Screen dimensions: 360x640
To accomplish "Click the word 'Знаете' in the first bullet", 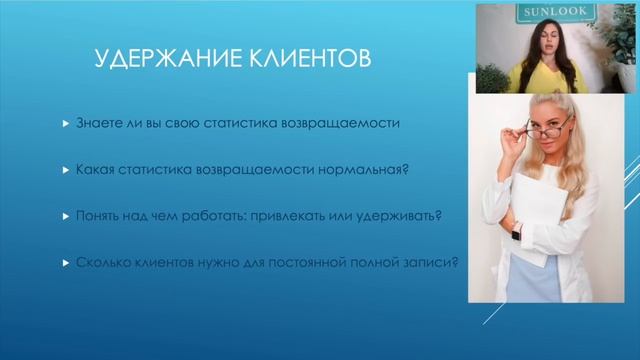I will [x=95, y=125].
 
